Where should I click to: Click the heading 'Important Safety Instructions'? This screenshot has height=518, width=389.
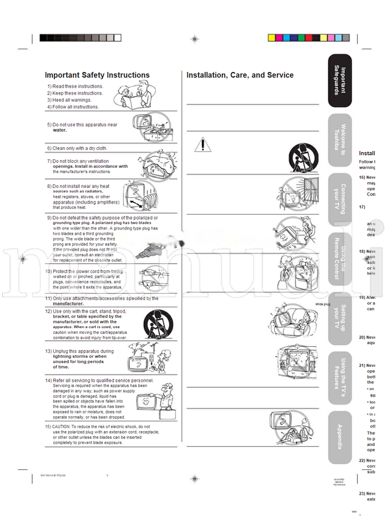97,75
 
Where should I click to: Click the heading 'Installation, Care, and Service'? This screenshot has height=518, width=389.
240,75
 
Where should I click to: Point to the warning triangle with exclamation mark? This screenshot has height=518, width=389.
202,143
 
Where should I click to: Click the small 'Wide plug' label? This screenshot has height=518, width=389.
323,303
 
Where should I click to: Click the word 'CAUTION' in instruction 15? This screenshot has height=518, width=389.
64,427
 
